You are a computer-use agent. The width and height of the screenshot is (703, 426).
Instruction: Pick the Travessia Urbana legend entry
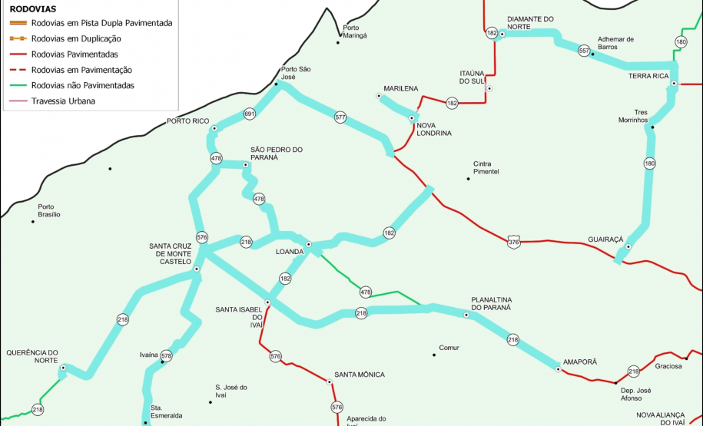pyautogui.click(x=63, y=101)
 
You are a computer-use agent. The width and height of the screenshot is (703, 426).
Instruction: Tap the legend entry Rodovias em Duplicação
pyautogui.click(x=76, y=38)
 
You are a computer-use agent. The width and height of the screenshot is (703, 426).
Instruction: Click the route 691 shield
pyautogui.click(x=249, y=114)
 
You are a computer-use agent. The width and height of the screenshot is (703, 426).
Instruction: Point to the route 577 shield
pyautogui.click(x=340, y=117)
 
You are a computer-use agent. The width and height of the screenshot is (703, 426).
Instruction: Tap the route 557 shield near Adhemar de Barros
pyautogui.click(x=584, y=51)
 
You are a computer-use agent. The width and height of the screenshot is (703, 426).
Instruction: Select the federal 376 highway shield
pyautogui.click(x=514, y=243)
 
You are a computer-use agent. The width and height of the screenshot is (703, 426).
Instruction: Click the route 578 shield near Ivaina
pyautogui.click(x=167, y=356)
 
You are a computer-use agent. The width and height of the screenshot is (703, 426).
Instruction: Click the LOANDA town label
pyautogui.click(x=290, y=251)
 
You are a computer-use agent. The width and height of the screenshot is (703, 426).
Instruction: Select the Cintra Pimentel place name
pyautogui.click(x=486, y=167)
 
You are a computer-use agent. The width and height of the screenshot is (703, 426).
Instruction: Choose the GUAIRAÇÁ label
pyautogui.click(x=605, y=239)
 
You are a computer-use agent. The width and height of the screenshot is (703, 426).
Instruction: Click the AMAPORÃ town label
pyautogui.click(x=580, y=361)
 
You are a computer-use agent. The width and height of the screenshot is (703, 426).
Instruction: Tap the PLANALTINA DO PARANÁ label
pyautogui.click(x=490, y=302)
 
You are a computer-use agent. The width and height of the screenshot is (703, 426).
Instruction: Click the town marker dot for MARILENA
pyautogui.click(x=379, y=97)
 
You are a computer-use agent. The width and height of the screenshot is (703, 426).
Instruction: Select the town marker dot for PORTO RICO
pyautogui.click(x=214, y=128)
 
